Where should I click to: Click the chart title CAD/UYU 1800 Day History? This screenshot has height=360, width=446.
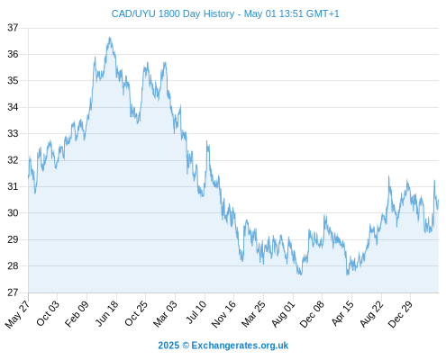(173, 13)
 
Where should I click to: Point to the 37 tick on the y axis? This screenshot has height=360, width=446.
(13, 28)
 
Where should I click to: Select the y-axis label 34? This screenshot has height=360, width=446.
(13, 107)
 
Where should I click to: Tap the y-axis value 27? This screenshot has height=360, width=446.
(13, 292)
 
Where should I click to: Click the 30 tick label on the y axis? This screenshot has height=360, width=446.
(13, 213)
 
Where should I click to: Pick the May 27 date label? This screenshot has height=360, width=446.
(18, 314)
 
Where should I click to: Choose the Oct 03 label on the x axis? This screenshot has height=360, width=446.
(48, 313)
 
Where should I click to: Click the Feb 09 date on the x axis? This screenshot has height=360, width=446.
(77, 313)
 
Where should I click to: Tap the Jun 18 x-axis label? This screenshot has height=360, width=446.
(107, 313)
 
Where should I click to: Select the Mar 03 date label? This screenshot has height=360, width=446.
(166, 314)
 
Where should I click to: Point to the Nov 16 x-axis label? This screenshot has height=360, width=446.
(223, 314)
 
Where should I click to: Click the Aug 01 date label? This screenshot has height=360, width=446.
(284, 314)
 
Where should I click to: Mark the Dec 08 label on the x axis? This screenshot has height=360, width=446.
(313, 314)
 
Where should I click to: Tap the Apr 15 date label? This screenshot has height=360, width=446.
(342, 313)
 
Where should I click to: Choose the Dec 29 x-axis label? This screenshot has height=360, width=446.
(401, 314)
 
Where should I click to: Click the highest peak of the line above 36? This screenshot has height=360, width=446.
(110, 38)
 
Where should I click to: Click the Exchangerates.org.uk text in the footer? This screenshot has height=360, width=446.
(240, 346)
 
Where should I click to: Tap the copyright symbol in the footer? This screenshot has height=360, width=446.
(186, 346)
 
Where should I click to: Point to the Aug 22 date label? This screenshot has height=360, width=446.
(372, 314)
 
